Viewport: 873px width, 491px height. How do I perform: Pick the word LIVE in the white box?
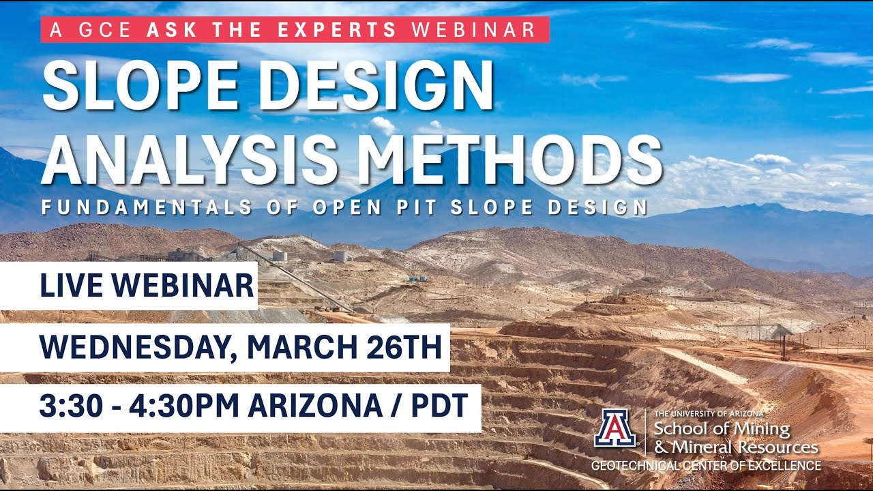click(x=70, y=286)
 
